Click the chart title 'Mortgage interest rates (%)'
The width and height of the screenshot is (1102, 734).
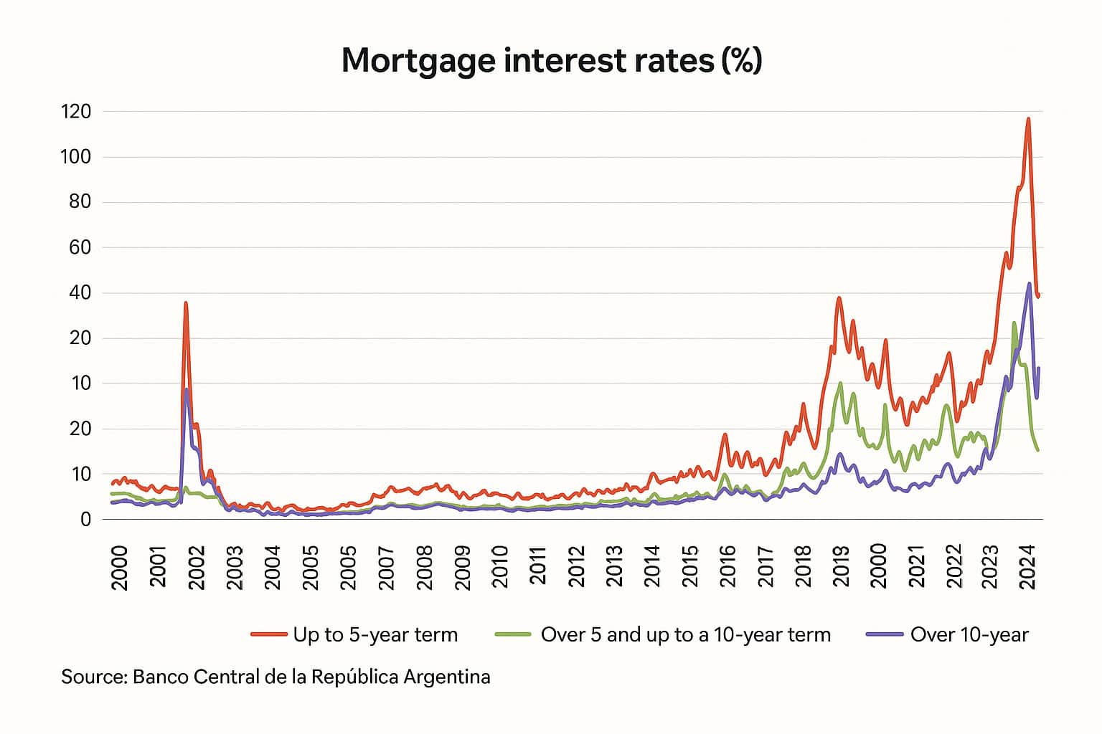click(551, 60)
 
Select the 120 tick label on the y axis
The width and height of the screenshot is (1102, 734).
click(76, 112)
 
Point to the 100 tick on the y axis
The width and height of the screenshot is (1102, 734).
click(76, 157)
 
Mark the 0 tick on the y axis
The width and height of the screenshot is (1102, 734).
click(86, 519)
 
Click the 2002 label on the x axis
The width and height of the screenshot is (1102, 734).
click(196, 567)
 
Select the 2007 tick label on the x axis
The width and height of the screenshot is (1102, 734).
click(386, 567)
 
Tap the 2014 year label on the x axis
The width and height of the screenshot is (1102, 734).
click(652, 567)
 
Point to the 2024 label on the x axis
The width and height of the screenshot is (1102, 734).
click(1032, 567)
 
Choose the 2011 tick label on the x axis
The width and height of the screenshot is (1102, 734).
click(538, 567)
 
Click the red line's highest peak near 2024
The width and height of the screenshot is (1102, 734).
click(1028, 119)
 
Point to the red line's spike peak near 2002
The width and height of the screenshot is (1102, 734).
click(186, 303)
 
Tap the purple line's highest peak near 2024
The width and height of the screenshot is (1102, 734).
click(1030, 284)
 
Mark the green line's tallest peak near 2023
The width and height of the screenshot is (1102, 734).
click(1014, 323)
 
